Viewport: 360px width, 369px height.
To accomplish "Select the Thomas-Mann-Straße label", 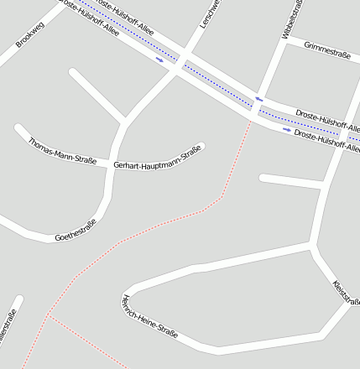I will point(63,150).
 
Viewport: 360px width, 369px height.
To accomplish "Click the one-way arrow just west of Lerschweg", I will point(159,60).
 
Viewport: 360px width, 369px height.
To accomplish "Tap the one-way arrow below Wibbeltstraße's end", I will point(259,99).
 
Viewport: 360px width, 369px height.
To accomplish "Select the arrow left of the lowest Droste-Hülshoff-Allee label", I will point(287,130).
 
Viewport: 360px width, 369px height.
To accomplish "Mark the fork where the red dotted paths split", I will point(50,316).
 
